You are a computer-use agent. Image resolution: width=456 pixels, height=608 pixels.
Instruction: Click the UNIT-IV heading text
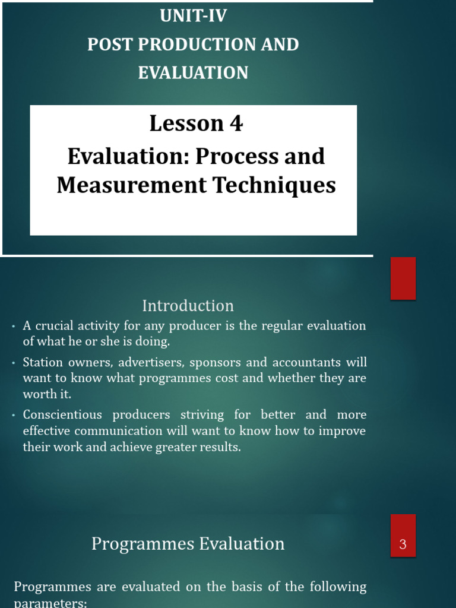(193, 16)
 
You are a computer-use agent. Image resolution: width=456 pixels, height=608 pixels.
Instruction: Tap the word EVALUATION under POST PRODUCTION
(193, 73)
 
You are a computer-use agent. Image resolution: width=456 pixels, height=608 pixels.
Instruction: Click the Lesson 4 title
(196, 123)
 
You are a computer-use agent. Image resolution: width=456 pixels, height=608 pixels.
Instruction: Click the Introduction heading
(188, 306)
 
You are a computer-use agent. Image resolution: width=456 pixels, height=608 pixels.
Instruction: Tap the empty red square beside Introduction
(403, 278)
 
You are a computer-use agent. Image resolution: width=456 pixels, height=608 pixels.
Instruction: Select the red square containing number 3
(403, 536)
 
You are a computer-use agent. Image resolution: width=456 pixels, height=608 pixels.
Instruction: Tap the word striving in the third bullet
(204, 414)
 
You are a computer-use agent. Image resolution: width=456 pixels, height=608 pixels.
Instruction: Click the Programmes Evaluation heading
(188, 544)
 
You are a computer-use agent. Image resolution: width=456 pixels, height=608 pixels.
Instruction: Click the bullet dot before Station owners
(14, 363)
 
